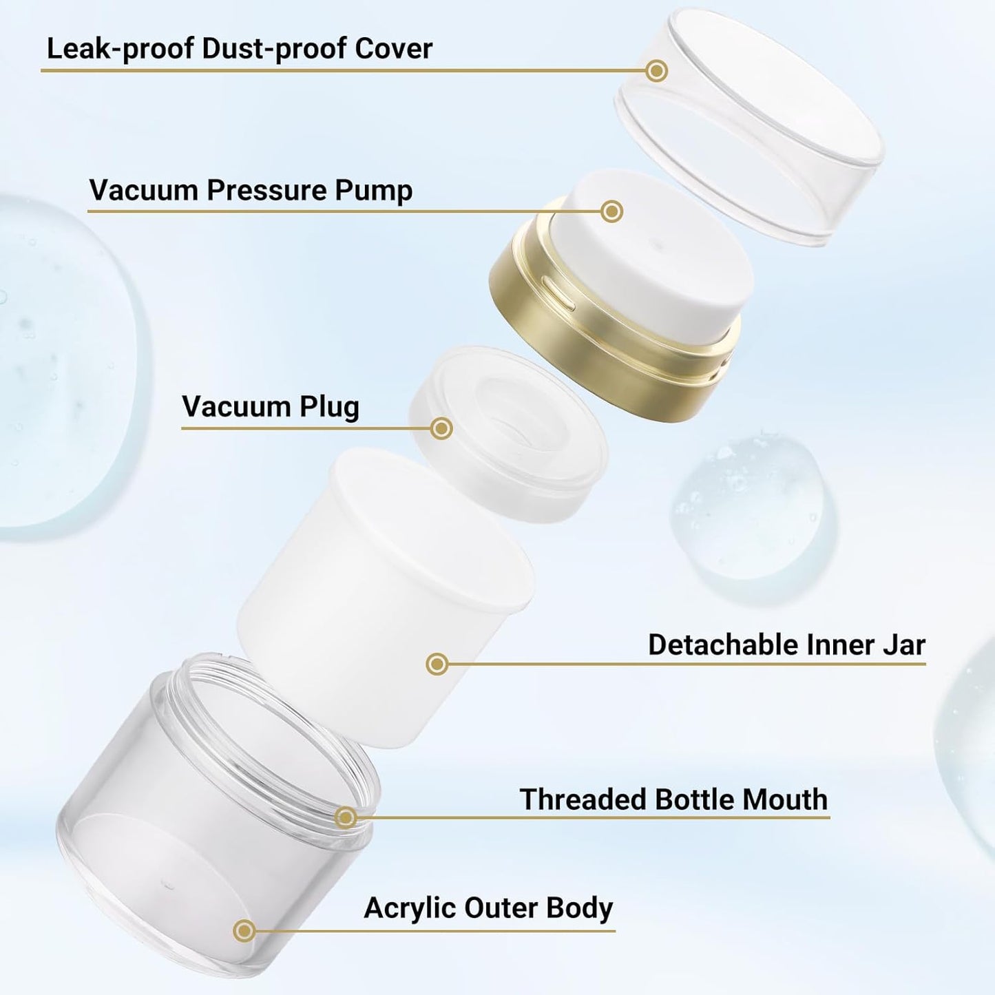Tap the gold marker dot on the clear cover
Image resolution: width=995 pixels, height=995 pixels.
click(657, 70)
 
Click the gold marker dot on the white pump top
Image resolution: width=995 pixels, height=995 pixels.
click(611, 211)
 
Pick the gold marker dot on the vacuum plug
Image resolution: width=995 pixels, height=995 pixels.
click(441, 428)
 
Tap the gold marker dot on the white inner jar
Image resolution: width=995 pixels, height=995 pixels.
click(437, 664)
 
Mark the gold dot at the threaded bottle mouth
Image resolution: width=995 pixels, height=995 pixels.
click(346, 817)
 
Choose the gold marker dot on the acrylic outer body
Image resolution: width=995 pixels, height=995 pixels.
click(243, 931)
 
